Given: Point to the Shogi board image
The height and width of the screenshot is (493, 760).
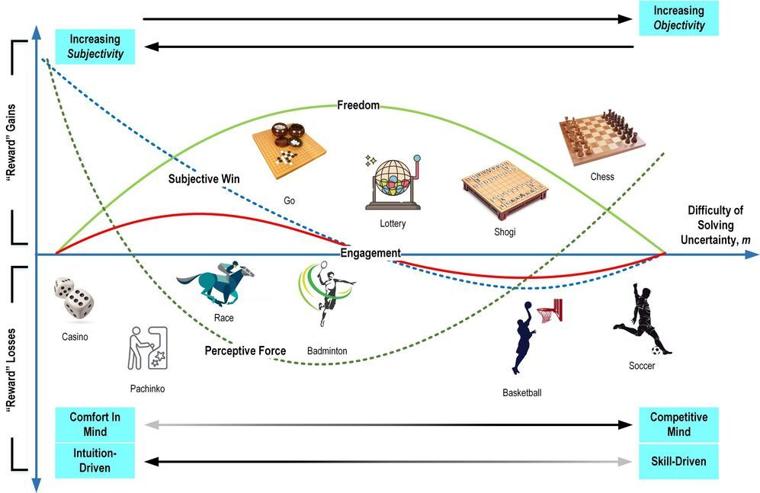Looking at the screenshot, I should (x=505, y=188).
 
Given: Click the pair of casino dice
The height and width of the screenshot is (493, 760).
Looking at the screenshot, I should (x=74, y=298).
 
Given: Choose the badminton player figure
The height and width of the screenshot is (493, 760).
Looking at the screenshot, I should (x=325, y=293).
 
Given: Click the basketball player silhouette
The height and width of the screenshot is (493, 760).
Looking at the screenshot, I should (x=534, y=335).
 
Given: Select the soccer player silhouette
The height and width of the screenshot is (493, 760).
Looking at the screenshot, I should (x=642, y=320).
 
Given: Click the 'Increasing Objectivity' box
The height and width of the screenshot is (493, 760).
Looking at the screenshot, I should (x=678, y=18).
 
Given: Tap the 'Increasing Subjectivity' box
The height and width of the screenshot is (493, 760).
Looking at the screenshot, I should (x=95, y=46).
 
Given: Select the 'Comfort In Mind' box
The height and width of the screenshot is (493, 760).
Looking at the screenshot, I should (x=95, y=424).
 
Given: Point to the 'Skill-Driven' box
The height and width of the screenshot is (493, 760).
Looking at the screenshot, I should (x=678, y=461).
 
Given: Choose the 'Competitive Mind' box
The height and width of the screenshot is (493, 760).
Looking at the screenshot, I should (x=678, y=424).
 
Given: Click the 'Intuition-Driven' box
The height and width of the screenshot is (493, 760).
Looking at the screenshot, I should (x=95, y=461).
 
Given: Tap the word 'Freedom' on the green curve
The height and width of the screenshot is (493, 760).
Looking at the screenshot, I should (x=358, y=105).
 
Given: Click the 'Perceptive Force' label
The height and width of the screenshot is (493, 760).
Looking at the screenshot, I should (x=245, y=351).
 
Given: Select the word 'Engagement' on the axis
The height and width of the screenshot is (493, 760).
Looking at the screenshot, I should (x=370, y=253).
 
